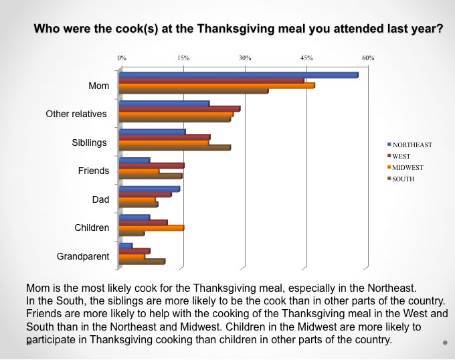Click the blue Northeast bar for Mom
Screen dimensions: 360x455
click(238, 75)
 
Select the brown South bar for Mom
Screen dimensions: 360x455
click(193, 91)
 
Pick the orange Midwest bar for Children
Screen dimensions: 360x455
click(151, 228)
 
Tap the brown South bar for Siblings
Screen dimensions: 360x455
click(175, 148)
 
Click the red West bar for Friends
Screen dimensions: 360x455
click(151, 165)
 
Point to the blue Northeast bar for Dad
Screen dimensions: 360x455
click(149, 189)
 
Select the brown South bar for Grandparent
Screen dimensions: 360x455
click(142, 262)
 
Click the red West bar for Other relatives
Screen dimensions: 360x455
click(179, 108)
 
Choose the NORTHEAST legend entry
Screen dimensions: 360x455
click(409, 145)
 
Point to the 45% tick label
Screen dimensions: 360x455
click(306, 59)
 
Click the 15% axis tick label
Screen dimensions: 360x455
click(183, 59)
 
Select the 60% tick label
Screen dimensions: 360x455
click(368, 59)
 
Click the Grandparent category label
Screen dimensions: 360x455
click(83, 256)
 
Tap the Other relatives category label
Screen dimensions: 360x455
click(76, 114)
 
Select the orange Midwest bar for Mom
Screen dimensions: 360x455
click(217, 86)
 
